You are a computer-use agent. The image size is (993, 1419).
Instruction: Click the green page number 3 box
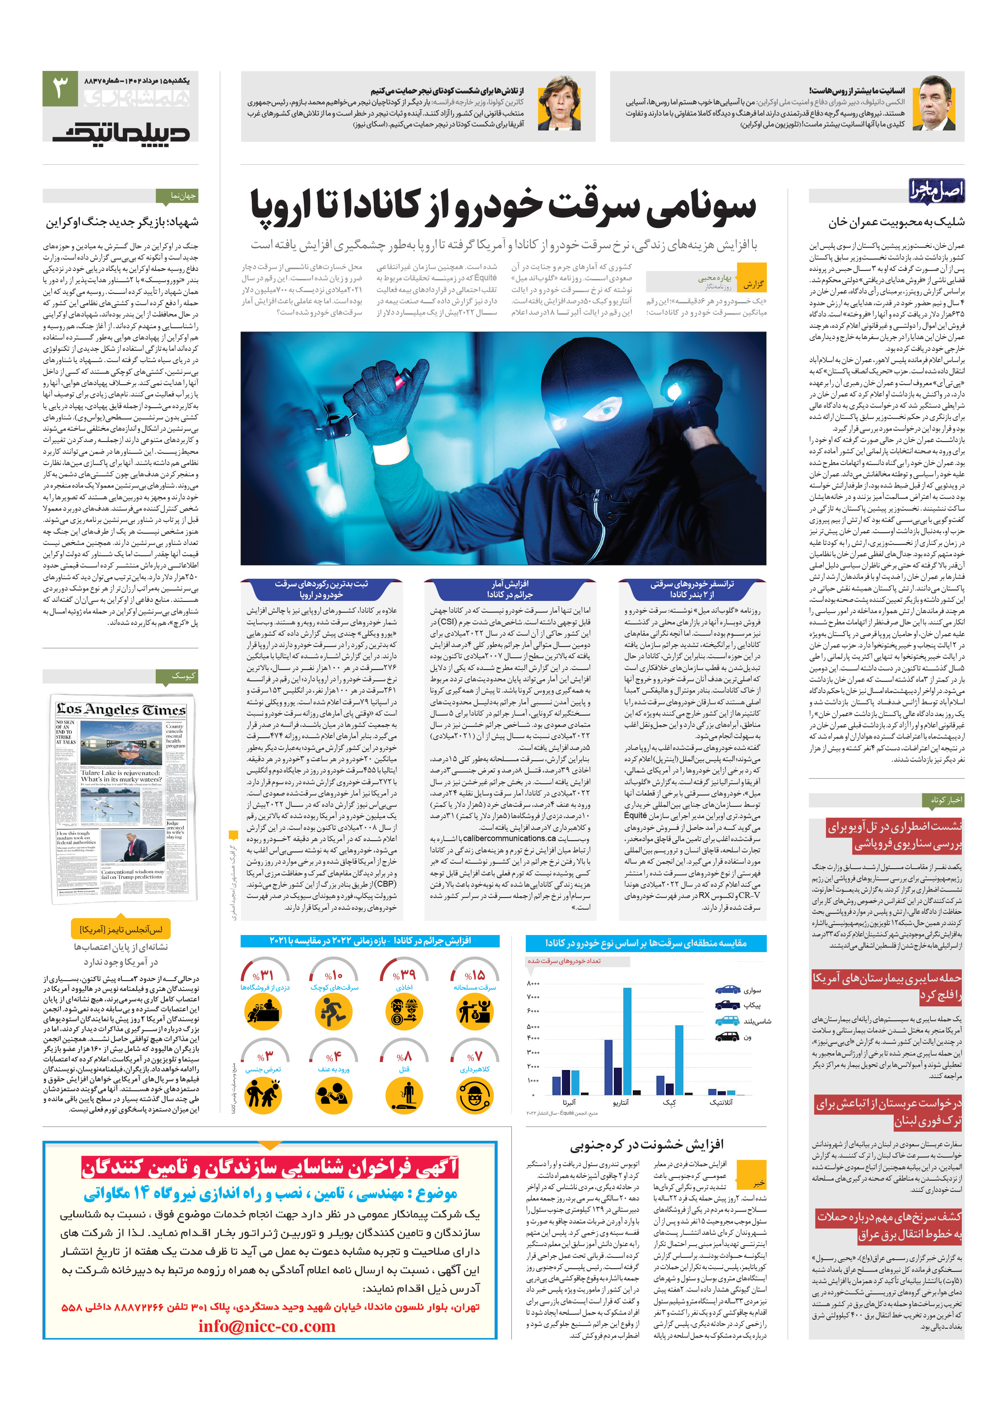pyautogui.click(x=60, y=88)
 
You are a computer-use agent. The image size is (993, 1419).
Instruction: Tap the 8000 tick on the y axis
pyautogui.click(x=533, y=983)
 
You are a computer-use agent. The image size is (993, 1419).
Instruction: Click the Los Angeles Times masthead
pyautogui.click(x=121, y=710)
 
